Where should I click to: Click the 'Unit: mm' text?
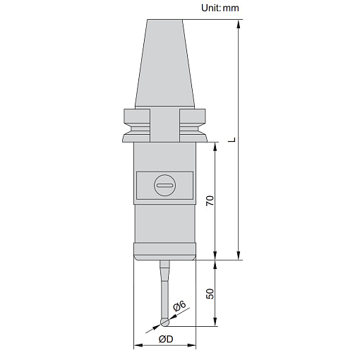pyautogui.click(x=220, y=8)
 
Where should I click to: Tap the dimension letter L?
pyautogui.click(x=232, y=140)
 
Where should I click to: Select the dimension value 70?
pyautogui.click(x=210, y=200)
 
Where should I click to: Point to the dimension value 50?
pyautogui.click(x=210, y=294)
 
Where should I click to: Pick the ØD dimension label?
pyautogui.click(x=166, y=339)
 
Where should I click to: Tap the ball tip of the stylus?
pyautogui.click(x=164, y=323)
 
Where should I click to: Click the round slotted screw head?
pyautogui.click(x=164, y=186)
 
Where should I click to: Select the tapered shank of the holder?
pyautogui.click(x=164, y=64)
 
